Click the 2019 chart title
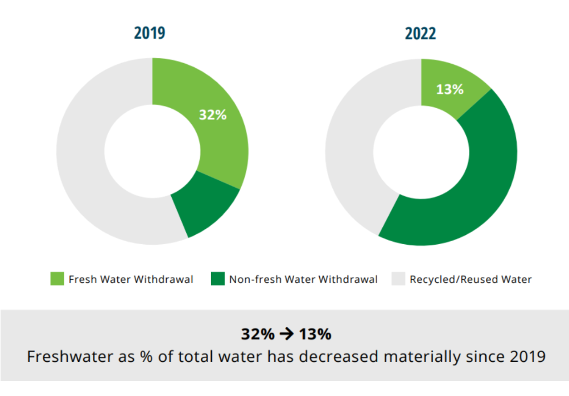(150, 33)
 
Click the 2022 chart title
(420, 33)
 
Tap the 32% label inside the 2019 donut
(212, 114)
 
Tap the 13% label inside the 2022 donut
(450, 89)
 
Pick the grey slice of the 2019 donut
(85, 154)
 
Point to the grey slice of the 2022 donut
(353, 148)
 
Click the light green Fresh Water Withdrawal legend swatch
(57, 279)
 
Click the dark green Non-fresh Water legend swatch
(218, 279)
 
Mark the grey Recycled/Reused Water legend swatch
(398, 279)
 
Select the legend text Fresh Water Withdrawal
(131, 279)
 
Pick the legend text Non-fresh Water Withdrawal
(303, 279)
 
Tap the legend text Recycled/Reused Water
(471, 279)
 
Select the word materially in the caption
(420, 357)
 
